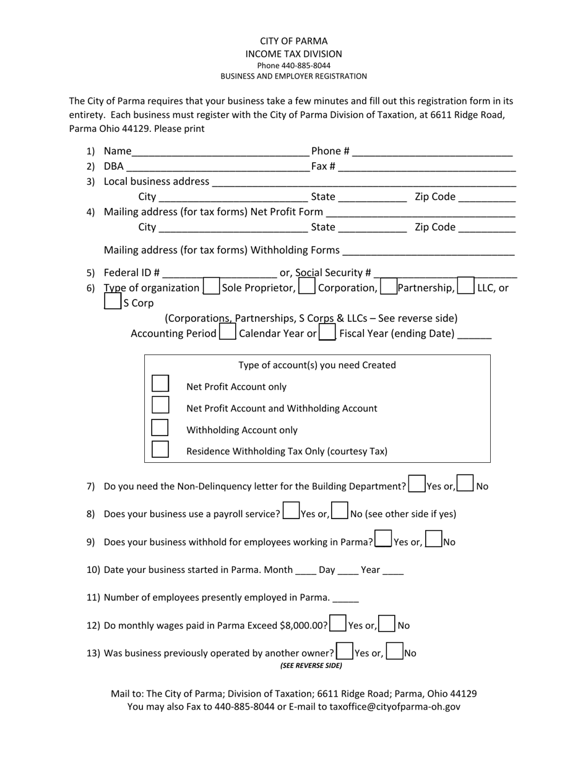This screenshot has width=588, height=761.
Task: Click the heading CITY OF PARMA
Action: click(293, 41)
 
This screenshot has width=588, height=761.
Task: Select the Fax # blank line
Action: click(426, 167)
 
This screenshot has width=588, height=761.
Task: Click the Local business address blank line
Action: click(363, 183)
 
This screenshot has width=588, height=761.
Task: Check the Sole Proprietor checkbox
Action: click(211, 288)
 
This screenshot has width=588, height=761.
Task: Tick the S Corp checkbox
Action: click(112, 303)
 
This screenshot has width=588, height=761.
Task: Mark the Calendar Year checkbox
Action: click(228, 333)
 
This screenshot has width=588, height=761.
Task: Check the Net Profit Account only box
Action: click(160, 384)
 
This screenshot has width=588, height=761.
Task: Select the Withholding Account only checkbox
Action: click(160, 428)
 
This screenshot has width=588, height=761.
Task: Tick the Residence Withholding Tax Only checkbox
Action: click(160, 449)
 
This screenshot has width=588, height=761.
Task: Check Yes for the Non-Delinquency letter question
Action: click(417, 483)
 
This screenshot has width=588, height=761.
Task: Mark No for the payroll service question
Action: click(339, 511)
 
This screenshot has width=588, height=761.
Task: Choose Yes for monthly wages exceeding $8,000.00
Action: click(338, 623)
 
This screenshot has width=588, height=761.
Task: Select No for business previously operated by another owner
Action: click(394, 651)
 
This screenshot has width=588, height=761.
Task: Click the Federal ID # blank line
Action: click(220, 273)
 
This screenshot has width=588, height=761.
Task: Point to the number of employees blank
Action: click(345, 598)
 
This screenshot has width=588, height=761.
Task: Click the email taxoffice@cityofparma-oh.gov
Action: click(395, 707)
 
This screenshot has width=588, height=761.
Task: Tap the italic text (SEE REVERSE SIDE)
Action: click(311, 666)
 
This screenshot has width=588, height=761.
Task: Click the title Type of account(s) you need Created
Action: click(317, 365)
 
